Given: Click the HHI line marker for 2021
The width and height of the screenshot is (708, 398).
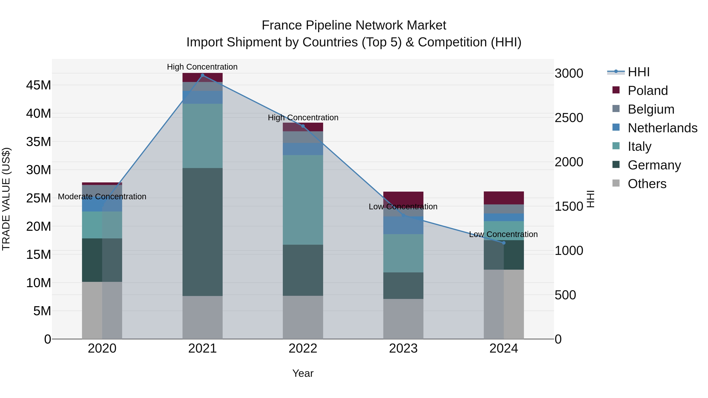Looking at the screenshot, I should click(203, 75).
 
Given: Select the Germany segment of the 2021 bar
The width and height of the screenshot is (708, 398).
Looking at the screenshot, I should click(203, 232).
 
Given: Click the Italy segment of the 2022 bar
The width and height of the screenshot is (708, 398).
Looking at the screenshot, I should click(303, 200).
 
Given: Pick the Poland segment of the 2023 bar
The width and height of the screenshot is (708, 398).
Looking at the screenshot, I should click(403, 198).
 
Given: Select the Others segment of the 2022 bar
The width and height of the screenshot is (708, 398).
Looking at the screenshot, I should click(303, 317).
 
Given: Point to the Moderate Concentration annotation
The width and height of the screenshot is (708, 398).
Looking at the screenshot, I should click(102, 197).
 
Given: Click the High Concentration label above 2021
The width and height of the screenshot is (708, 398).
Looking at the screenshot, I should click(202, 67).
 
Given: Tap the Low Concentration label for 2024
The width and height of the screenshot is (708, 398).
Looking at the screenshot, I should click(503, 234).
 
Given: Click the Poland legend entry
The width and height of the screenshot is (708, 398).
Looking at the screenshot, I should click(648, 91).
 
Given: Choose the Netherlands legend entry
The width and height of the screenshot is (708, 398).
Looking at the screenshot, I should click(662, 128).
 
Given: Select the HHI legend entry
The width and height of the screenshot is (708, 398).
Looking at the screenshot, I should click(638, 72).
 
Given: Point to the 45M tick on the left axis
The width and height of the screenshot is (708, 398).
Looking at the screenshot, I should click(39, 85).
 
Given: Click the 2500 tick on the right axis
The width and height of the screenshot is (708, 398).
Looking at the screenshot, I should click(569, 118).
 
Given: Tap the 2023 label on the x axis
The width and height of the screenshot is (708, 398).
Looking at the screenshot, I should click(403, 348).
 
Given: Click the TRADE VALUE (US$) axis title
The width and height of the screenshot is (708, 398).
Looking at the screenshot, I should click(6, 199).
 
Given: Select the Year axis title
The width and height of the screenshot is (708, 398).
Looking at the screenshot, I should click(303, 373).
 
